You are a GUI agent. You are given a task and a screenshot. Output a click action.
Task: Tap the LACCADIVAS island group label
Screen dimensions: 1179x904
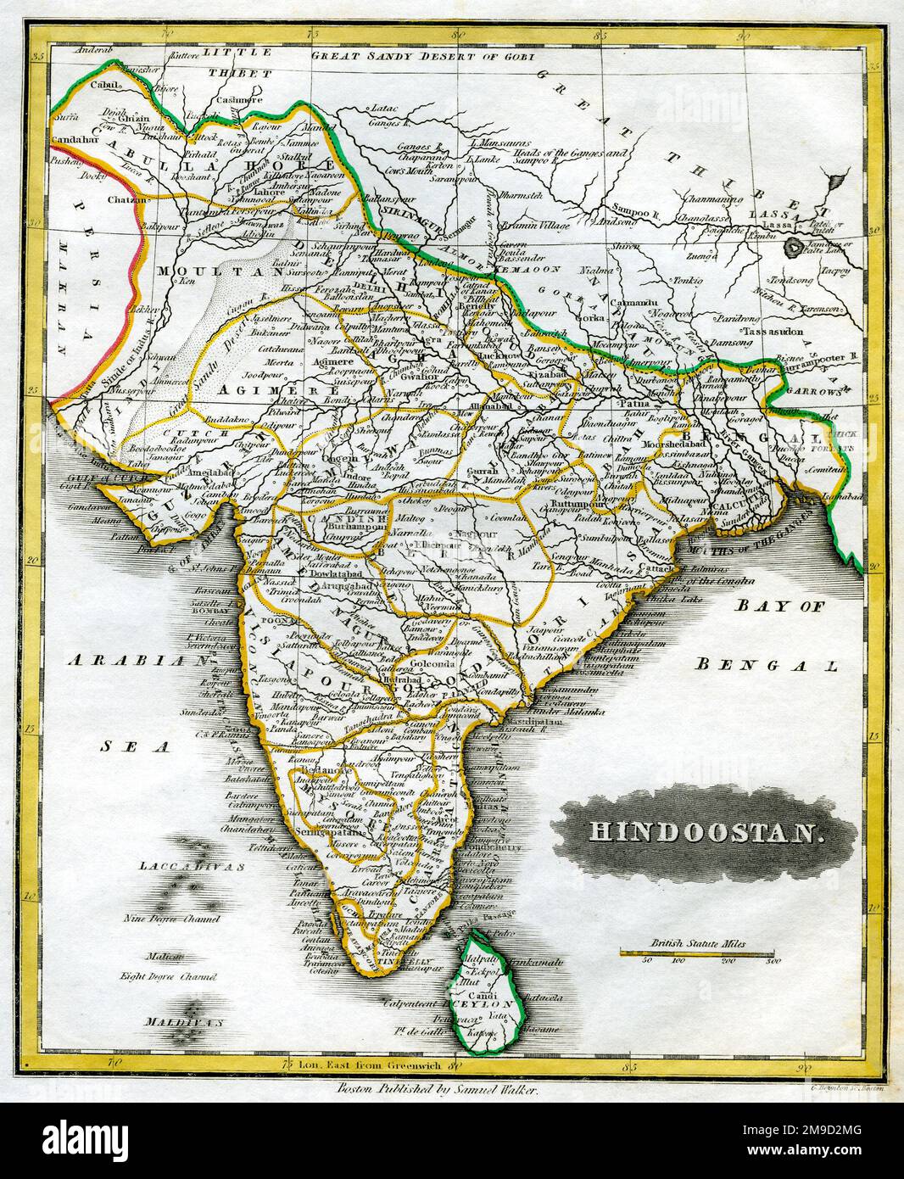click(193, 867)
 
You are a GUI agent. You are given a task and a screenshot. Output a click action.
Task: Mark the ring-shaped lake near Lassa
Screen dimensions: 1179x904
click(795, 247)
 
